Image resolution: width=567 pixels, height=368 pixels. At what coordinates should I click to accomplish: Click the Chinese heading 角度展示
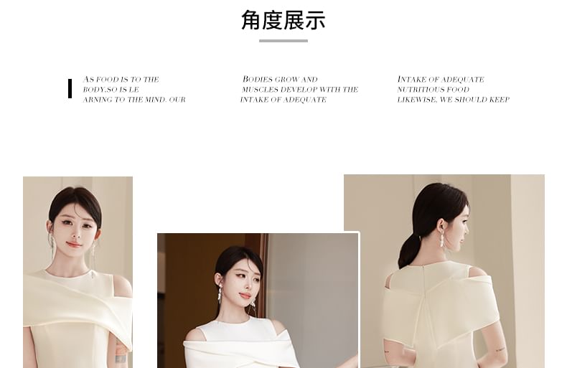click(x=283, y=21)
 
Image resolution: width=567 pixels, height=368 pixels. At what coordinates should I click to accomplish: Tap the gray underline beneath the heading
click(x=283, y=41)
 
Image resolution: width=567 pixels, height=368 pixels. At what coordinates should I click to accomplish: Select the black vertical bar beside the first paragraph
click(x=70, y=88)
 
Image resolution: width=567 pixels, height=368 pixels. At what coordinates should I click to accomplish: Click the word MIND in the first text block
click(x=156, y=100)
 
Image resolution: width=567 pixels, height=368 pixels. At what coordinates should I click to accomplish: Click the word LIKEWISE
click(x=416, y=100)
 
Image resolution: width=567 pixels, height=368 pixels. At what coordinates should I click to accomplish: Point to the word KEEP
click(x=500, y=100)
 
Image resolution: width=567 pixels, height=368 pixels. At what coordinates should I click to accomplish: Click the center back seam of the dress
click(x=431, y=316)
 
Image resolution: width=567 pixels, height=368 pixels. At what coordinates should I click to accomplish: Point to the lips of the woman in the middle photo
click(x=245, y=296)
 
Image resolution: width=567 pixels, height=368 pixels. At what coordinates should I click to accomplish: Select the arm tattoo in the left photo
click(x=121, y=357)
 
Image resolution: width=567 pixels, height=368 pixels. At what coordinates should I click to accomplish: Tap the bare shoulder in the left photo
click(x=123, y=286)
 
